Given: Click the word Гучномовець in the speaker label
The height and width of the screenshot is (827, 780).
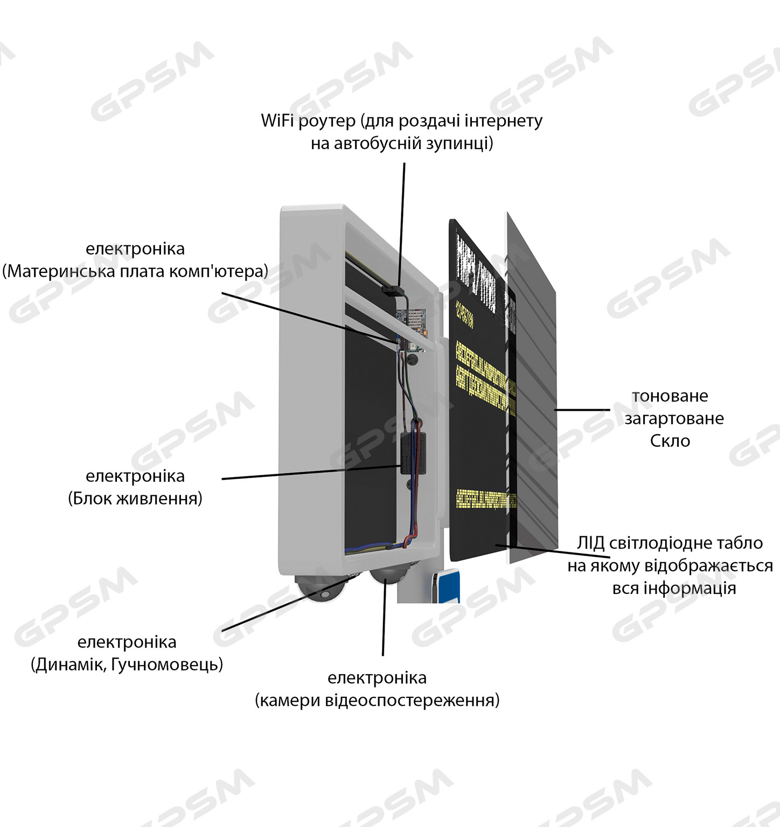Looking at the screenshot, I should coord(166,665).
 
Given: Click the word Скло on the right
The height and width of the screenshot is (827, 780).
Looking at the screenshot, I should coord(670,441).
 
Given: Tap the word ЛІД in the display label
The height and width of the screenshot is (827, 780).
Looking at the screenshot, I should coord(591,543).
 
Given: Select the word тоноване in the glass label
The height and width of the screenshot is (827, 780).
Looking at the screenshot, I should coord(670,396).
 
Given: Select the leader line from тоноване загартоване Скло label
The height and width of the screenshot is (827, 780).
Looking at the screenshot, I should coord(582,410).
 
